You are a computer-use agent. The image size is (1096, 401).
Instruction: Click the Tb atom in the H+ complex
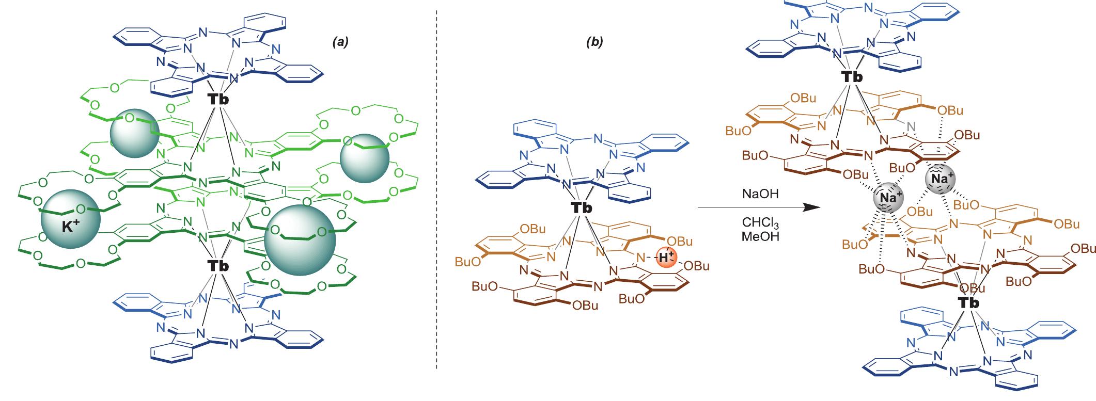(x=582, y=207)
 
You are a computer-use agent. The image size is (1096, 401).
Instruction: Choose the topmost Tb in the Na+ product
(x=852, y=77)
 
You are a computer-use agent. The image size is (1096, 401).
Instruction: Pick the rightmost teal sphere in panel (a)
(x=365, y=158)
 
